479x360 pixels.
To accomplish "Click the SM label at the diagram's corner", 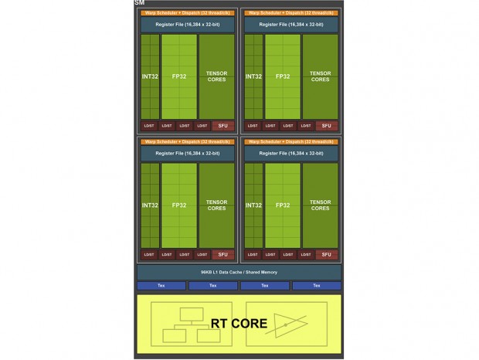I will click(139, 3).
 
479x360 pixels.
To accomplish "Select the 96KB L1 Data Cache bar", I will click(239, 272).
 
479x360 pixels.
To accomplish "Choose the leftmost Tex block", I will click(161, 286).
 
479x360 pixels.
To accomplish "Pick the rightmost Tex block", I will click(316, 286).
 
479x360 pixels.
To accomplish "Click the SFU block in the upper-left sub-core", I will click(223, 125).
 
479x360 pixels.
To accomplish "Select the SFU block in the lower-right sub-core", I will click(327, 254).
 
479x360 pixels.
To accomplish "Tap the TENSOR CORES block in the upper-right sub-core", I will click(320, 76).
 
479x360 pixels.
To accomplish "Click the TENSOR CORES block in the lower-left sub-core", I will click(216, 205).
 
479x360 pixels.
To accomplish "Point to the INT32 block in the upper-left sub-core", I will click(150, 76).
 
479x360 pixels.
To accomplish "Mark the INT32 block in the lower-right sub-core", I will click(253, 205).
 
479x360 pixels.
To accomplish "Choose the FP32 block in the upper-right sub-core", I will click(283, 76).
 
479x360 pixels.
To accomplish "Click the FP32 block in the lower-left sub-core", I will click(179, 205).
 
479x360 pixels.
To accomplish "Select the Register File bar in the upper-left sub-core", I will click(187, 25).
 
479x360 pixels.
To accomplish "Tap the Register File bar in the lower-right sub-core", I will click(290, 154).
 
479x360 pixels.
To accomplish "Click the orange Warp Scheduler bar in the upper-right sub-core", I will click(290, 12).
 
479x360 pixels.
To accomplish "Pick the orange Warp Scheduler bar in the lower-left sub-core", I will click(187, 142).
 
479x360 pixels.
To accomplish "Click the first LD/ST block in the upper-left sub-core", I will click(149, 125).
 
